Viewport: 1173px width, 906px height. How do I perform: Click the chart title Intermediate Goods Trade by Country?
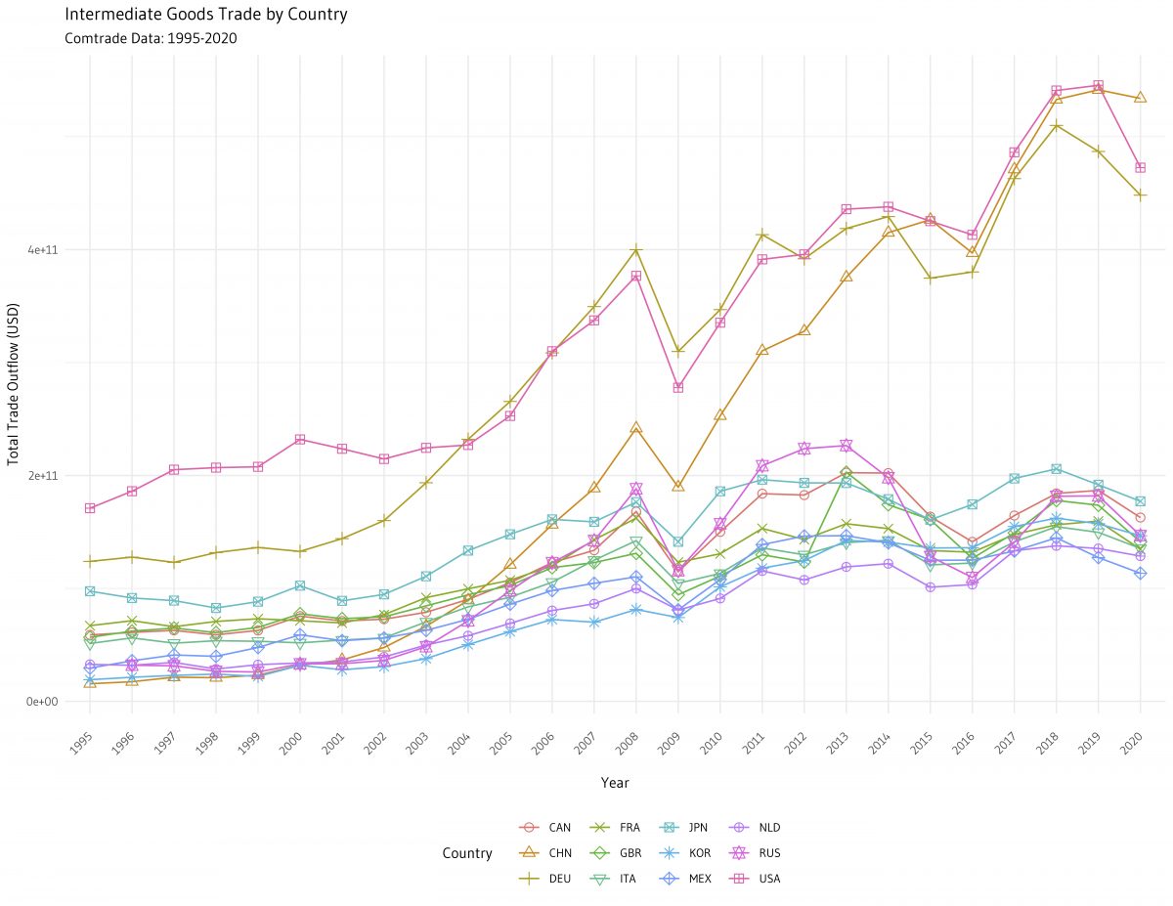click(205, 15)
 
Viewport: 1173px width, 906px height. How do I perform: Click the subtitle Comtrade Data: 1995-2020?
click(151, 39)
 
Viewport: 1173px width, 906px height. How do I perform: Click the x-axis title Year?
click(615, 783)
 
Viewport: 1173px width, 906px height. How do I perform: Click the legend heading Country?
click(467, 853)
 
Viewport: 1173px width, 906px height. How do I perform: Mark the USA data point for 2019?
click(1098, 86)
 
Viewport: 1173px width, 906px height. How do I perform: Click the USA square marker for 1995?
click(90, 508)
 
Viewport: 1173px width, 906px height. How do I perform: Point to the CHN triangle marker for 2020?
click(1140, 98)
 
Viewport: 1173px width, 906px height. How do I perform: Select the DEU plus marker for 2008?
click(635, 250)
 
